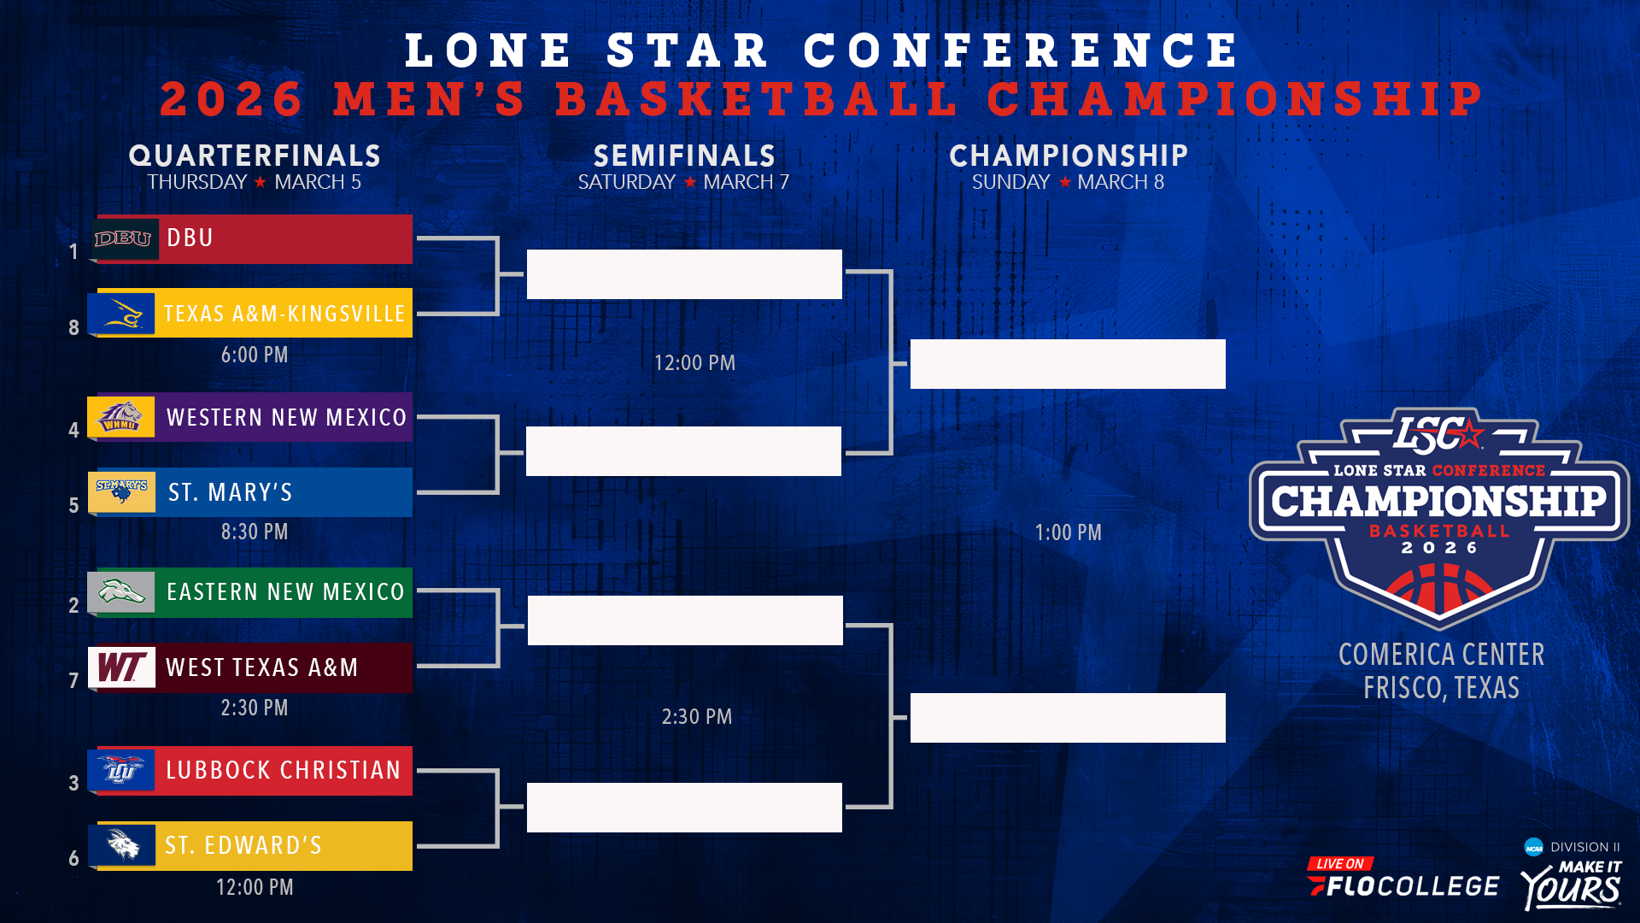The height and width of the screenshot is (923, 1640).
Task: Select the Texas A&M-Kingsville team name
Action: tap(284, 314)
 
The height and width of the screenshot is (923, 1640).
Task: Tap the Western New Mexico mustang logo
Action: tap(121, 417)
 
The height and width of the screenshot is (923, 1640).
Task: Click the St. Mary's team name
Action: tap(230, 492)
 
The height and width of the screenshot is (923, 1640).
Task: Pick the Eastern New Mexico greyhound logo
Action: tap(121, 591)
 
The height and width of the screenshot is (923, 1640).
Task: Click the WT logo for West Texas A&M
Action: tap(121, 667)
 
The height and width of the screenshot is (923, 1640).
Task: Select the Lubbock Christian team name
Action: tap(283, 770)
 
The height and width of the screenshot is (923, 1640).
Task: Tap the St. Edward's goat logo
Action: tap(123, 845)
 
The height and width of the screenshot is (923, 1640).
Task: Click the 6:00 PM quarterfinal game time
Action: tap(255, 355)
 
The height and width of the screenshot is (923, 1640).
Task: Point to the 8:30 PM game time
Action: tap(255, 532)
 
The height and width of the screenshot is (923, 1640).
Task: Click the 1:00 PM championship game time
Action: tap(1068, 532)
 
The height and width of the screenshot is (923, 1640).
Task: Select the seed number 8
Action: tap(73, 327)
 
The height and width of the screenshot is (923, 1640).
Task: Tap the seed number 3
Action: tap(73, 783)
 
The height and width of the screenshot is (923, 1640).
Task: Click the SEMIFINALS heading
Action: tap(684, 156)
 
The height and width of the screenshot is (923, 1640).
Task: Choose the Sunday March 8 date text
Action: tap(1068, 182)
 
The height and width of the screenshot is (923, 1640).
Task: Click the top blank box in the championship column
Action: tap(1068, 364)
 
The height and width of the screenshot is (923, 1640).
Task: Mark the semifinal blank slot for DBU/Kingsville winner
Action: tap(684, 274)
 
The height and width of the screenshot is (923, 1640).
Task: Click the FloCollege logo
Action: tap(1403, 880)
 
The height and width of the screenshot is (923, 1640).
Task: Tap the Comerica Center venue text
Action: tap(1441, 655)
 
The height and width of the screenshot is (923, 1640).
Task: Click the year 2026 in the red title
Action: tap(231, 99)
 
